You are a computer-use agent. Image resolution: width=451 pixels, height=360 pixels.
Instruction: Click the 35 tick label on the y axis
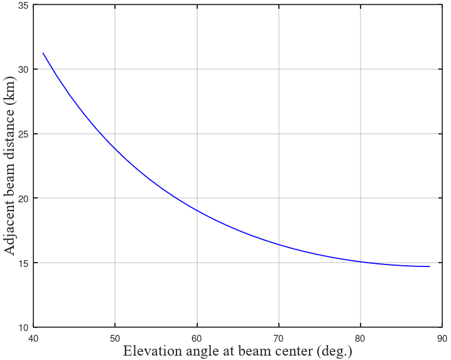23,6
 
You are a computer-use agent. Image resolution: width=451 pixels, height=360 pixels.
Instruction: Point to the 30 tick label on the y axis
23,69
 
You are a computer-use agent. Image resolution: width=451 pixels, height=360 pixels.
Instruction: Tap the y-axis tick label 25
23,134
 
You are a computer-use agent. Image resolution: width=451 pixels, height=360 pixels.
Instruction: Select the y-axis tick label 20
23,199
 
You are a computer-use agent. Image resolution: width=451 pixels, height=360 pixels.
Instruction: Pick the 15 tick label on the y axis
23,263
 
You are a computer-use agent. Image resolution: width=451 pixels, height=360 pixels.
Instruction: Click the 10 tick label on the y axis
23,327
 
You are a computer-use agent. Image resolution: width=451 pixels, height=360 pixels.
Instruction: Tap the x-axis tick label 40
33,339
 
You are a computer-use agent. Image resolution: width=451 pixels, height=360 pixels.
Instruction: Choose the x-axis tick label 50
115,339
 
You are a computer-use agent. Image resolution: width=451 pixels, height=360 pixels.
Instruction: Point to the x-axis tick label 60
197,339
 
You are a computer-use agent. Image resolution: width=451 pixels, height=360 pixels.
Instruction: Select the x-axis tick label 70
279,339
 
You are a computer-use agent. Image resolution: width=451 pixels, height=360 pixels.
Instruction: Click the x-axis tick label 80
361,339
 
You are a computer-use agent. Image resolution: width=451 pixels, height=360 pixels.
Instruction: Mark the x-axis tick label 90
442,339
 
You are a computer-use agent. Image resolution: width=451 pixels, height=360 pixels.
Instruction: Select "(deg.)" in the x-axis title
334,352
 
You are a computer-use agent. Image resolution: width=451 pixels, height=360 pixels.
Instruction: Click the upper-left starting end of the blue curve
43,53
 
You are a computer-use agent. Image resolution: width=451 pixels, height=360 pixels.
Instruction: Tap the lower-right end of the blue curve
430,266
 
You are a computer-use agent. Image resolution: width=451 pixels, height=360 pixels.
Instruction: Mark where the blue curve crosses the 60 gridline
197,210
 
